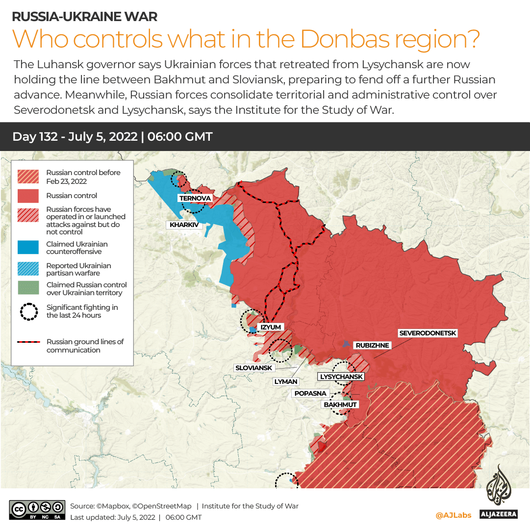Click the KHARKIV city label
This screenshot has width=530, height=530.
[184, 225]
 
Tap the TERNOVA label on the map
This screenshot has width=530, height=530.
[195, 198]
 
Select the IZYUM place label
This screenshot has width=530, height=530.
[270, 327]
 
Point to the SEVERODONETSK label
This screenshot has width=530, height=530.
[428, 333]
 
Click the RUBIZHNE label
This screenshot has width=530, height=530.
[372, 345]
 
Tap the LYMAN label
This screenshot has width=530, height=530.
[285, 381]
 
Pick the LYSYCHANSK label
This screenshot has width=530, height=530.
[341, 377]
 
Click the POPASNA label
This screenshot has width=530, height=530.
[310, 393]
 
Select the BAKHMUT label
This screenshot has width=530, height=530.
[340, 404]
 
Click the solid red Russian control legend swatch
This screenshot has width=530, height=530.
[28, 196]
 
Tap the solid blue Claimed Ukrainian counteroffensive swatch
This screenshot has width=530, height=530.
[28, 248]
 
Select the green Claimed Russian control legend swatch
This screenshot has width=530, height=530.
[28, 288]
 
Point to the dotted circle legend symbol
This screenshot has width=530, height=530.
[28, 311]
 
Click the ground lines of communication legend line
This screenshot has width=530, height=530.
[28, 342]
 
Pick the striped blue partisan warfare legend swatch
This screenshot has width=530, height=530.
[28, 269]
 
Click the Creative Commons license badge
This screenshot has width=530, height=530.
[37, 510]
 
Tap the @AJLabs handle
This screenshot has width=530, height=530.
[453, 515]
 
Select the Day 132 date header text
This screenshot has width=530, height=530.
[112, 136]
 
